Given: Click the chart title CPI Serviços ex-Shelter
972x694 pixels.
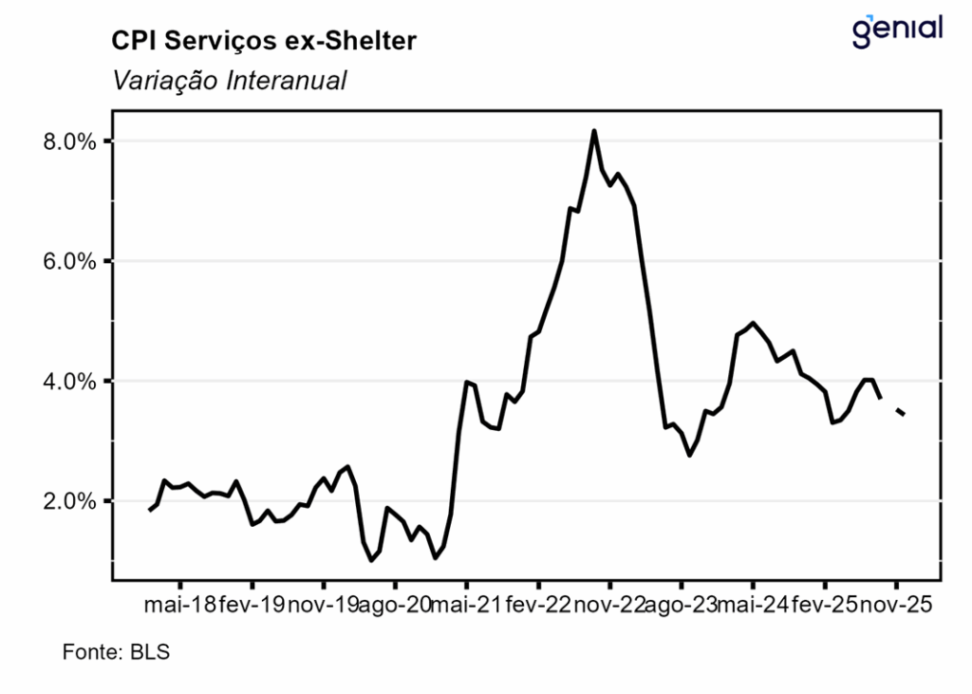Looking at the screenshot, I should click(x=264, y=41).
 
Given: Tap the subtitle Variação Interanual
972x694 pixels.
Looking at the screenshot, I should click(x=229, y=81).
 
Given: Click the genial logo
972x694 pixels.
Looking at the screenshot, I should click(x=897, y=29).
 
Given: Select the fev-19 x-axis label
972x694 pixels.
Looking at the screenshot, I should click(x=252, y=605).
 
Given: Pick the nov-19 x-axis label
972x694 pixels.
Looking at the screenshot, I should click(x=323, y=605).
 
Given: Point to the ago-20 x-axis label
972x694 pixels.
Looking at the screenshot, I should click(x=395, y=605).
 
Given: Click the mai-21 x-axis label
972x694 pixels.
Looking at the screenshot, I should click(x=466, y=605).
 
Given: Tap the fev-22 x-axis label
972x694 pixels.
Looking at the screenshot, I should click(x=538, y=605).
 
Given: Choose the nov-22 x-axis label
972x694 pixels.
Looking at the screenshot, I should click(x=609, y=605).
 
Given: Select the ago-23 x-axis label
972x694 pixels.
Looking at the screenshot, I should click(x=681, y=605).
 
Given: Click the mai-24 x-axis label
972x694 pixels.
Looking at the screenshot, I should click(x=753, y=605).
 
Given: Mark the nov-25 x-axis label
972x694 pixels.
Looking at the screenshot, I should click(x=896, y=605).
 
